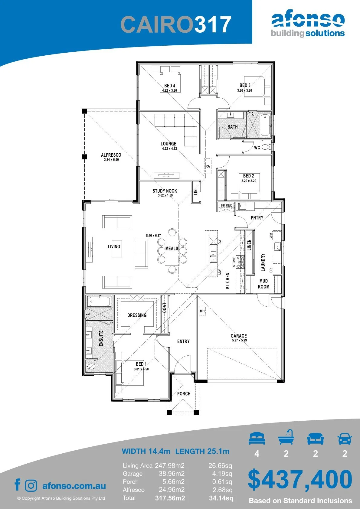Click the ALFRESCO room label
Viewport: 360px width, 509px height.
(x=111, y=155)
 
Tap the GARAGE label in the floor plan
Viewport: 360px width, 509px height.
(x=239, y=336)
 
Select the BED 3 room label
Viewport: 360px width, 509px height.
(x=245, y=85)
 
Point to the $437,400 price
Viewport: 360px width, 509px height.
(x=300, y=480)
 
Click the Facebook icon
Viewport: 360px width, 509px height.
(x=17, y=484)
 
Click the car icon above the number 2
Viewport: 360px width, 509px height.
(x=345, y=439)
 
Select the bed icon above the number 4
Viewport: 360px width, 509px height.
(x=257, y=438)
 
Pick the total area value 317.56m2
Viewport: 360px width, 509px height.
(x=170, y=498)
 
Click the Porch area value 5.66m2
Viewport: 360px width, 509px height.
(x=173, y=481)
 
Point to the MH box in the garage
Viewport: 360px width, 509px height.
(x=202, y=311)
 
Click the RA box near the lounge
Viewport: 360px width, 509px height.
(x=208, y=166)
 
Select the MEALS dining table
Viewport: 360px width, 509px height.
(x=172, y=251)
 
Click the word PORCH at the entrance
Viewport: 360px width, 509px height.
(x=184, y=393)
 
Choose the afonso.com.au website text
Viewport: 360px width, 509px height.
(x=74, y=486)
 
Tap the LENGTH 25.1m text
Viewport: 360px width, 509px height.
(x=202, y=451)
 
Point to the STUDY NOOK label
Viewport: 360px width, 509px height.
(x=165, y=191)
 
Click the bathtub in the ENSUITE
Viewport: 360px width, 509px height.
(x=99, y=302)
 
